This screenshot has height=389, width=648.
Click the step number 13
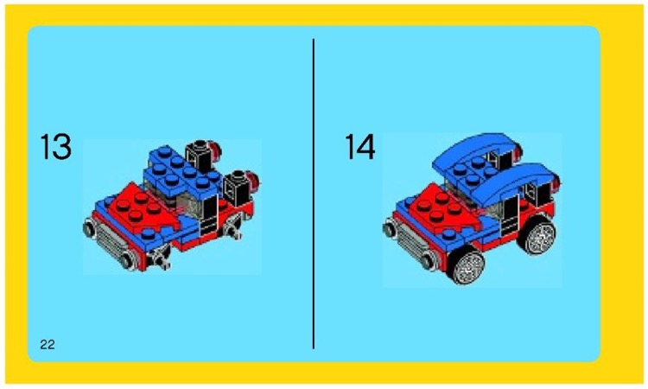(55, 148)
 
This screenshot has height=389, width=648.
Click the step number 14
(360, 148)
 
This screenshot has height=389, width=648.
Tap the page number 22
(48, 345)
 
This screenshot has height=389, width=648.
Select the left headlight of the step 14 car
(389, 228)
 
